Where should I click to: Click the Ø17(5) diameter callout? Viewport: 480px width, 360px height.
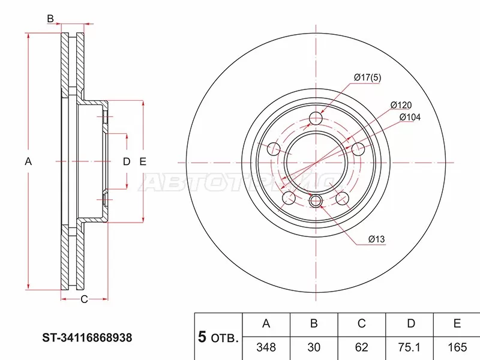pyautogui.click(x=368, y=77)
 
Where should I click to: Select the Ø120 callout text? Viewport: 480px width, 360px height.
pyautogui.click(x=400, y=104)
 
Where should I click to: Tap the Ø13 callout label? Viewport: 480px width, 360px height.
pyautogui.click(x=376, y=240)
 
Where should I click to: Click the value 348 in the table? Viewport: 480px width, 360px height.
pyautogui.click(x=266, y=346)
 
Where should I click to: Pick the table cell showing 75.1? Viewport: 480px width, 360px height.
pyautogui.click(x=410, y=346)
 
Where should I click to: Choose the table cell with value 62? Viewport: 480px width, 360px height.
pyautogui.click(x=361, y=346)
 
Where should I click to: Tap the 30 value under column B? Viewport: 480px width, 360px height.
pyautogui.click(x=313, y=346)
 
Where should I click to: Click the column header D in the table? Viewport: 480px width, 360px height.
pyautogui.click(x=410, y=324)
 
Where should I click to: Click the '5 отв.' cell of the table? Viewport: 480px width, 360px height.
pyautogui.click(x=218, y=337)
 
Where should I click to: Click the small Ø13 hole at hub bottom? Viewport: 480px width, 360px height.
pyautogui.click(x=316, y=201)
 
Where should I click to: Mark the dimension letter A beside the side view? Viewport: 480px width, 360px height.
pyautogui.click(x=28, y=161)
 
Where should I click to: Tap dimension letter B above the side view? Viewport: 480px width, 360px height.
pyautogui.click(x=51, y=19)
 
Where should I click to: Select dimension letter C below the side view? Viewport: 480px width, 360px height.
pyautogui.click(x=84, y=299)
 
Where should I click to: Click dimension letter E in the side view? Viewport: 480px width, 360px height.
pyautogui.click(x=143, y=161)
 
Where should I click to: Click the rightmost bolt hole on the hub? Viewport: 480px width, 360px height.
pyautogui.click(x=358, y=148)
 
